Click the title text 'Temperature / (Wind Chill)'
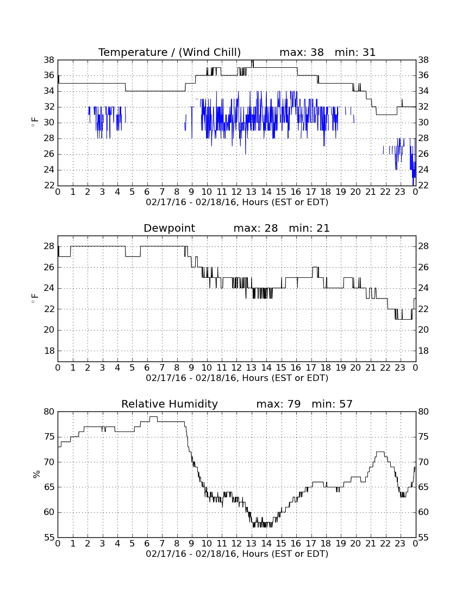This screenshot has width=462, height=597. coord(170,52)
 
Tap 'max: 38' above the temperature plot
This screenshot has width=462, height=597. coord(302,52)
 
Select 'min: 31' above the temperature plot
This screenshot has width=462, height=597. coord(355,52)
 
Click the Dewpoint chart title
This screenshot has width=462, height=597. coord(169,228)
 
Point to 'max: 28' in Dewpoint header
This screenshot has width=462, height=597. coord(255,228)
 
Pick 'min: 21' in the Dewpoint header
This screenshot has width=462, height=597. coord(309,228)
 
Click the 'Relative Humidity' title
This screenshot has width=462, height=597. coord(170,404)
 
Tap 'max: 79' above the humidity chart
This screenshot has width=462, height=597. coord(278,404)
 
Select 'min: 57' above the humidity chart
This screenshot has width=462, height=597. coord(332,404)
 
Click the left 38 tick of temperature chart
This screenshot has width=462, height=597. coord(49,60)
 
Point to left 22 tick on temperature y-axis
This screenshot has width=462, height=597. coord(49,186)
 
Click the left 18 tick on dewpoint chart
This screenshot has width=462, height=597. coord(49,351)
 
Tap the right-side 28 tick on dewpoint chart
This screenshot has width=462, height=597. coord(423,246)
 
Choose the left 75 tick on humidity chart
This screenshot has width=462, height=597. coord(49,437)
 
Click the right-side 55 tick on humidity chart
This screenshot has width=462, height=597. coord(423,538)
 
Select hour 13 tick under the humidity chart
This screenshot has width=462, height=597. coord(251,544)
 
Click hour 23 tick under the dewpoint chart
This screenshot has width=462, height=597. coord(400,368)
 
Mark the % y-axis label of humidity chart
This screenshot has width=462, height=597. coord(36,474)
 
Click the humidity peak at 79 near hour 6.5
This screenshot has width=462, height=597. coord(154,417)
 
